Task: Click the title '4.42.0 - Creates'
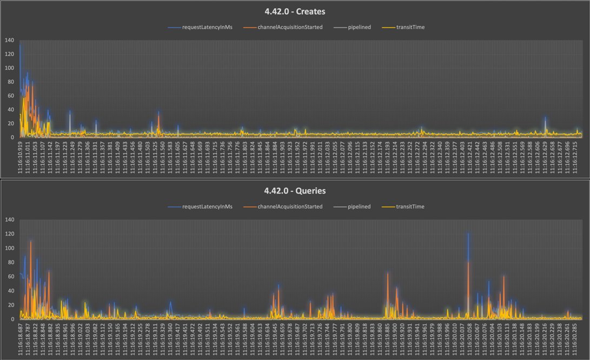(x=295, y=11)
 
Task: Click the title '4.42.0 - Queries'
(x=295, y=191)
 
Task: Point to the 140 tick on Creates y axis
(x=9, y=41)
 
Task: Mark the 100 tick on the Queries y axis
(x=9, y=248)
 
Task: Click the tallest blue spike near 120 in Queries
(x=468, y=234)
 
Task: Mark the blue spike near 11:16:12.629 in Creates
(x=545, y=118)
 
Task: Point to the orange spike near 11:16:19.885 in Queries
(x=387, y=275)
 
